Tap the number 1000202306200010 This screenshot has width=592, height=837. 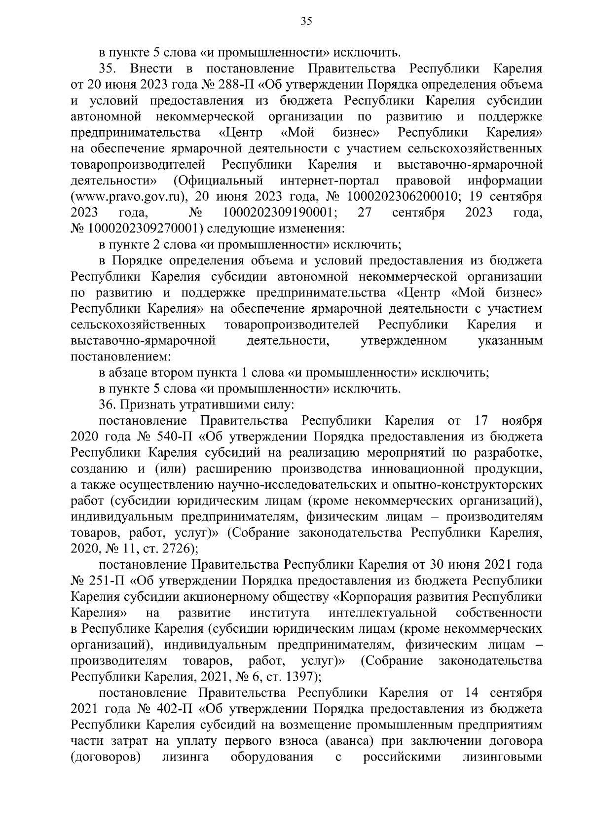(x=402, y=196)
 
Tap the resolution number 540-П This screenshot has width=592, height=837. (x=175, y=437)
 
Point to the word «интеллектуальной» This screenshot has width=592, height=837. (x=383, y=613)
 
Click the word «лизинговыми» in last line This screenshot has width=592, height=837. (x=502, y=757)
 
